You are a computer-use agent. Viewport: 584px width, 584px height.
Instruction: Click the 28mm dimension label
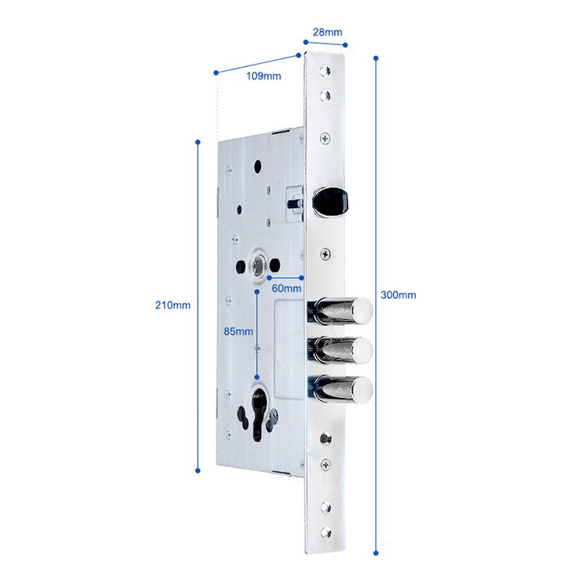[x=327, y=33]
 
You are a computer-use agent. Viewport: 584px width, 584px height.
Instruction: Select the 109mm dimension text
[x=264, y=76]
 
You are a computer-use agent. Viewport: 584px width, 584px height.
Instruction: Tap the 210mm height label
[x=173, y=305]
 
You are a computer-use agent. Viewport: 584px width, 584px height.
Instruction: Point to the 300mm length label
[x=398, y=295]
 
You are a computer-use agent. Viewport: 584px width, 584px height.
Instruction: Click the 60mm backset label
[x=287, y=288]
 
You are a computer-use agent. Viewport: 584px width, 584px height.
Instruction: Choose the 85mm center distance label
[x=238, y=332]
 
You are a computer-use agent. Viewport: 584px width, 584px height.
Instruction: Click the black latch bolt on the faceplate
[x=330, y=202]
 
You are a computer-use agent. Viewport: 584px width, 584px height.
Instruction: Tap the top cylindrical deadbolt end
[x=363, y=311]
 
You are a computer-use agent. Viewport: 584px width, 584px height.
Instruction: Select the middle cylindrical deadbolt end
[x=363, y=350]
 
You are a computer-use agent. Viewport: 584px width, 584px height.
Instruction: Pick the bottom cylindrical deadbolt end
[x=363, y=390]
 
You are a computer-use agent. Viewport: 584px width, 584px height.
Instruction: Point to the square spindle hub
[x=258, y=265]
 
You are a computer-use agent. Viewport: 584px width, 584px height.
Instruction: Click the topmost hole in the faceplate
[x=325, y=71]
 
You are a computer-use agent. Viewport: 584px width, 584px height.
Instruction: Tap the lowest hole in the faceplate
[x=326, y=533]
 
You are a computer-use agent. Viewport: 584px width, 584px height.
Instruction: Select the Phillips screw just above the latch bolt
[x=325, y=139]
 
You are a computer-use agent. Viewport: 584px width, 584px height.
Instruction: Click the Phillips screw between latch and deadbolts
[x=325, y=255]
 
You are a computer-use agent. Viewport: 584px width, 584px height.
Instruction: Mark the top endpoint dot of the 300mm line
[x=376, y=58]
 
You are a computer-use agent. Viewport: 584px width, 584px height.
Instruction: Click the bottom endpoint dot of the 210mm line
[x=198, y=471]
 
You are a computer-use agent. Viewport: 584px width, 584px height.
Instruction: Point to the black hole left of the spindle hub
[x=241, y=266]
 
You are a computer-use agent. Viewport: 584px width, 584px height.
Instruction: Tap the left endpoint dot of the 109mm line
[x=216, y=72]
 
